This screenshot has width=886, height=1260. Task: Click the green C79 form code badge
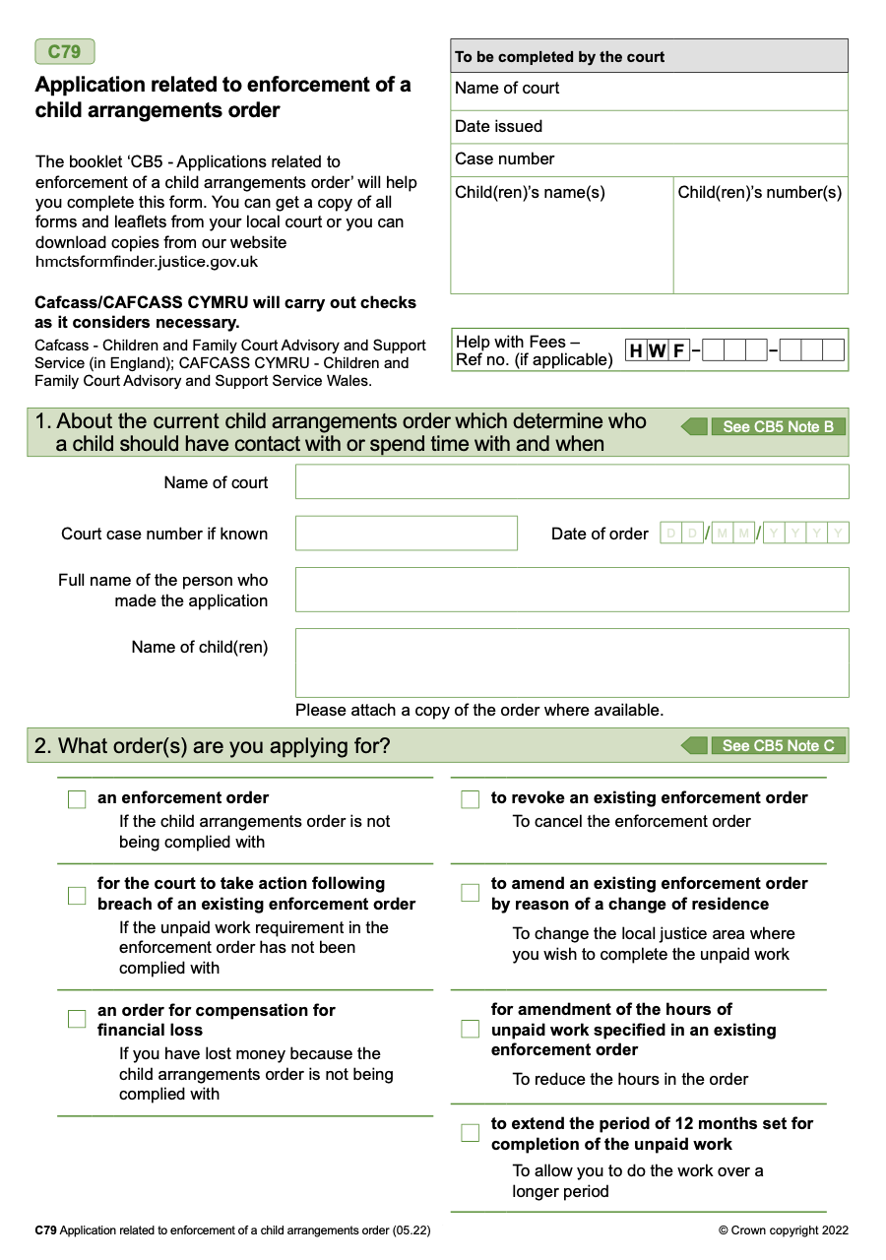(65, 52)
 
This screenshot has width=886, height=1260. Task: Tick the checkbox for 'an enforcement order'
(77, 799)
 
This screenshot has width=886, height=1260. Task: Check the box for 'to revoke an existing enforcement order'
(471, 799)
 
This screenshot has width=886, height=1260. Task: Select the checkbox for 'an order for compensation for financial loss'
(77, 1019)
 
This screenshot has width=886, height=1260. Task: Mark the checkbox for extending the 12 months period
(471, 1133)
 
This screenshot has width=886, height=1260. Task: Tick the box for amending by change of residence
(471, 893)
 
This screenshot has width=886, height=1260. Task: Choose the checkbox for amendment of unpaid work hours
(471, 1029)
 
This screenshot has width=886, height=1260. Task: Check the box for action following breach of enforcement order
(77, 895)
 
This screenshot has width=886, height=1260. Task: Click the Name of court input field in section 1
(571, 482)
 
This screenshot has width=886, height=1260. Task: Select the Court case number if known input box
(406, 534)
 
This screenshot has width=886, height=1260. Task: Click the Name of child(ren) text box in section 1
(571, 662)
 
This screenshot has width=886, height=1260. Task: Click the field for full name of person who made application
(571, 590)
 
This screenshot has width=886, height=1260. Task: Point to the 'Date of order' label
(600, 534)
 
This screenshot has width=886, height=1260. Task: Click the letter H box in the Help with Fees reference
(636, 350)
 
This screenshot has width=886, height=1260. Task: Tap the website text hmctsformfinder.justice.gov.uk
(147, 262)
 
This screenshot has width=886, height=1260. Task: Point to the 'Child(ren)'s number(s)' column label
(759, 192)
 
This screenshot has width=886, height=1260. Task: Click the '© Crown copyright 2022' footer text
(783, 1229)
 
